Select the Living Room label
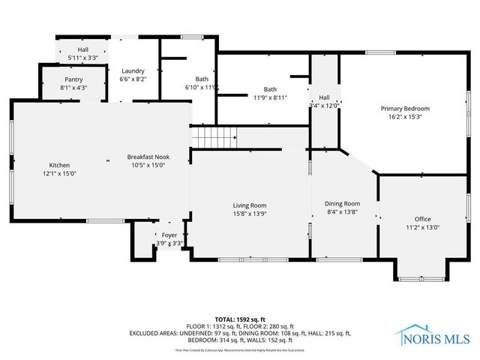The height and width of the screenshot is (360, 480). (x=249, y=205)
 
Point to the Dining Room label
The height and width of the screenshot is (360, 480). (x=342, y=203)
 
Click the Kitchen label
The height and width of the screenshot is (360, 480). (x=59, y=165)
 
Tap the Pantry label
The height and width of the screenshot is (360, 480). (x=73, y=79)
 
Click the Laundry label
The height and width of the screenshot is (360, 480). (x=133, y=70)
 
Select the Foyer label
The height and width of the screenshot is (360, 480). (x=169, y=235)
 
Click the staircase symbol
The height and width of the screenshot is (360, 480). (x=213, y=138)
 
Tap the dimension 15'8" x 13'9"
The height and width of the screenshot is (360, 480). (x=249, y=213)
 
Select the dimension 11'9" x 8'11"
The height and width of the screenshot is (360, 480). (x=270, y=97)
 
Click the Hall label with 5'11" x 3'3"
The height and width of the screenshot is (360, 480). (x=82, y=57)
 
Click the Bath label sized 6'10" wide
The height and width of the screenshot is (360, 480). (x=202, y=79)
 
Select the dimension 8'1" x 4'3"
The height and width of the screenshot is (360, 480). (x=73, y=87)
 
